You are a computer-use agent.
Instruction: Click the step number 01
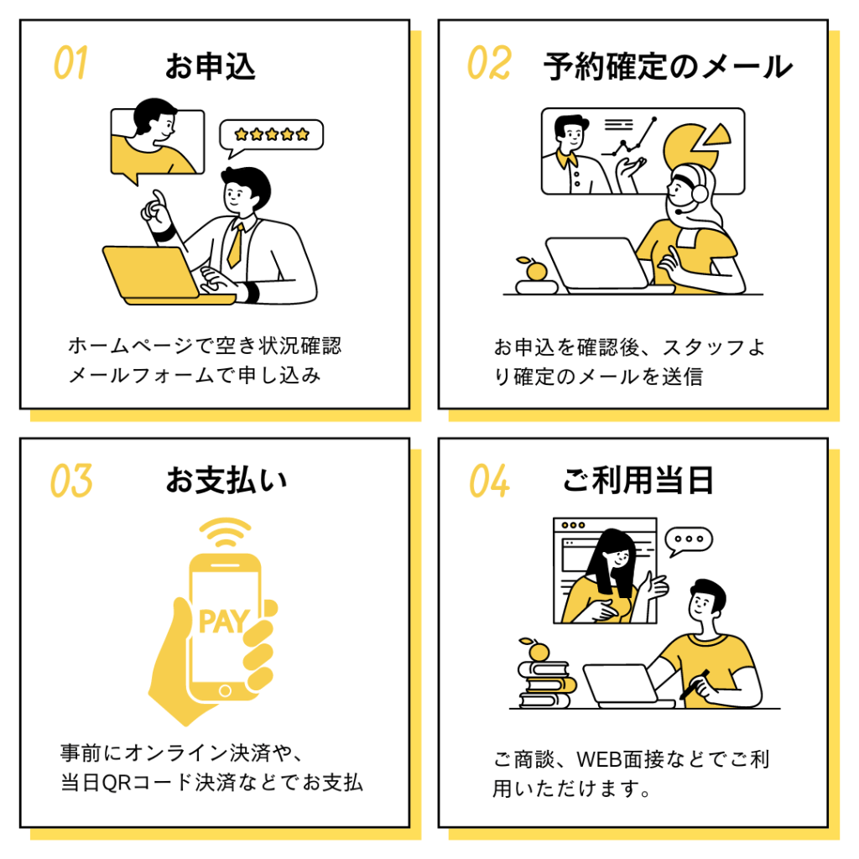point(70,62)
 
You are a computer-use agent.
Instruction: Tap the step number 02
point(489,62)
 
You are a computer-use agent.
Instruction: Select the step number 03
point(71,481)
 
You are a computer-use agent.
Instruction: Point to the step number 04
point(489,481)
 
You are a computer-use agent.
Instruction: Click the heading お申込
point(211,66)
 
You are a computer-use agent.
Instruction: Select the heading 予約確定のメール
point(668,66)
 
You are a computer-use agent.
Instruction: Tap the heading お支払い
point(226,480)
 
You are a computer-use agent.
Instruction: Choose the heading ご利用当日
point(638,480)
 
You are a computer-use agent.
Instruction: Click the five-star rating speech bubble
point(271,137)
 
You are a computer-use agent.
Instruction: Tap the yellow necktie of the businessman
point(235,246)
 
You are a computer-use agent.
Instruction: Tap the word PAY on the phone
point(224,622)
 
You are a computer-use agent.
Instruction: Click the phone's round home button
point(225,691)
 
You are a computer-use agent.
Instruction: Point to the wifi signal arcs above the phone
point(225,532)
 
